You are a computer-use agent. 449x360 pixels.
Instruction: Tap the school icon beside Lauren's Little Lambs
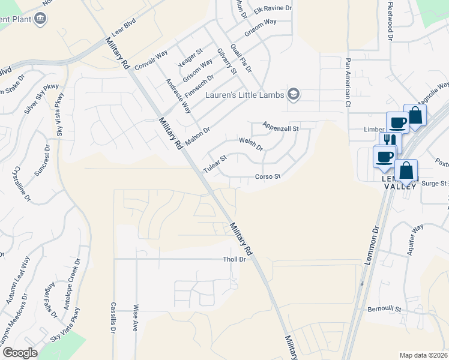[293, 94]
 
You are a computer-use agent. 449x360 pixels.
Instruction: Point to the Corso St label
[268, 176]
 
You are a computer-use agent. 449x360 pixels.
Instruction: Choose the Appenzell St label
[280, 128]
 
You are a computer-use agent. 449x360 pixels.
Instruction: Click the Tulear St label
[214, 164]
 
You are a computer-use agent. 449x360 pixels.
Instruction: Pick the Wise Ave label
[136, 319]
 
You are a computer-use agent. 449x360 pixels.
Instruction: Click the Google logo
[20, 353]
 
